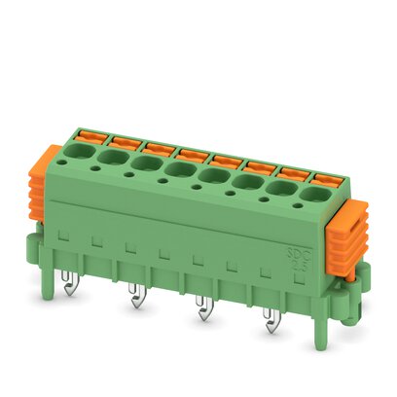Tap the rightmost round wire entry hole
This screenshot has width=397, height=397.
pos(313,195)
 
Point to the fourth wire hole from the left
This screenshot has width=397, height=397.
pos(179,170)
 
